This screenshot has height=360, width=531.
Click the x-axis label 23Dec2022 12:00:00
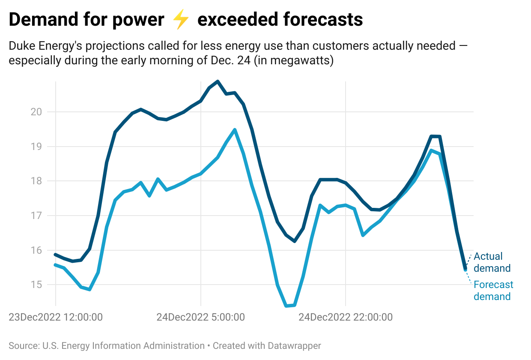pyautogui.click(x=56, y=318)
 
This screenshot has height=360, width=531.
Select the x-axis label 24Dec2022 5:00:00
pyautogui.click(x=200, y=318)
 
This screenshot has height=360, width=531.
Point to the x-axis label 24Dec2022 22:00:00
pyautogui.click(x=345, y=318)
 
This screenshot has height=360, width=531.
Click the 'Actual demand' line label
pyautogui.click(x=492, y=262)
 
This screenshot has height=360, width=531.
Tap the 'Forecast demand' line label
pyautogui.click(x=493, y=291)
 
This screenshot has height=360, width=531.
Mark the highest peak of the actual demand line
pyautogui.click(x=218, y=81)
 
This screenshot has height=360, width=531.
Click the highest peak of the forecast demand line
pyautogui.click(x=235, y=129)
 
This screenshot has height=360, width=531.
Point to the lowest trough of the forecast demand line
pyautogui.click(x=286, y=306)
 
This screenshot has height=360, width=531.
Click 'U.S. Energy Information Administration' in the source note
pyautogui.click(x=122, y=346)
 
